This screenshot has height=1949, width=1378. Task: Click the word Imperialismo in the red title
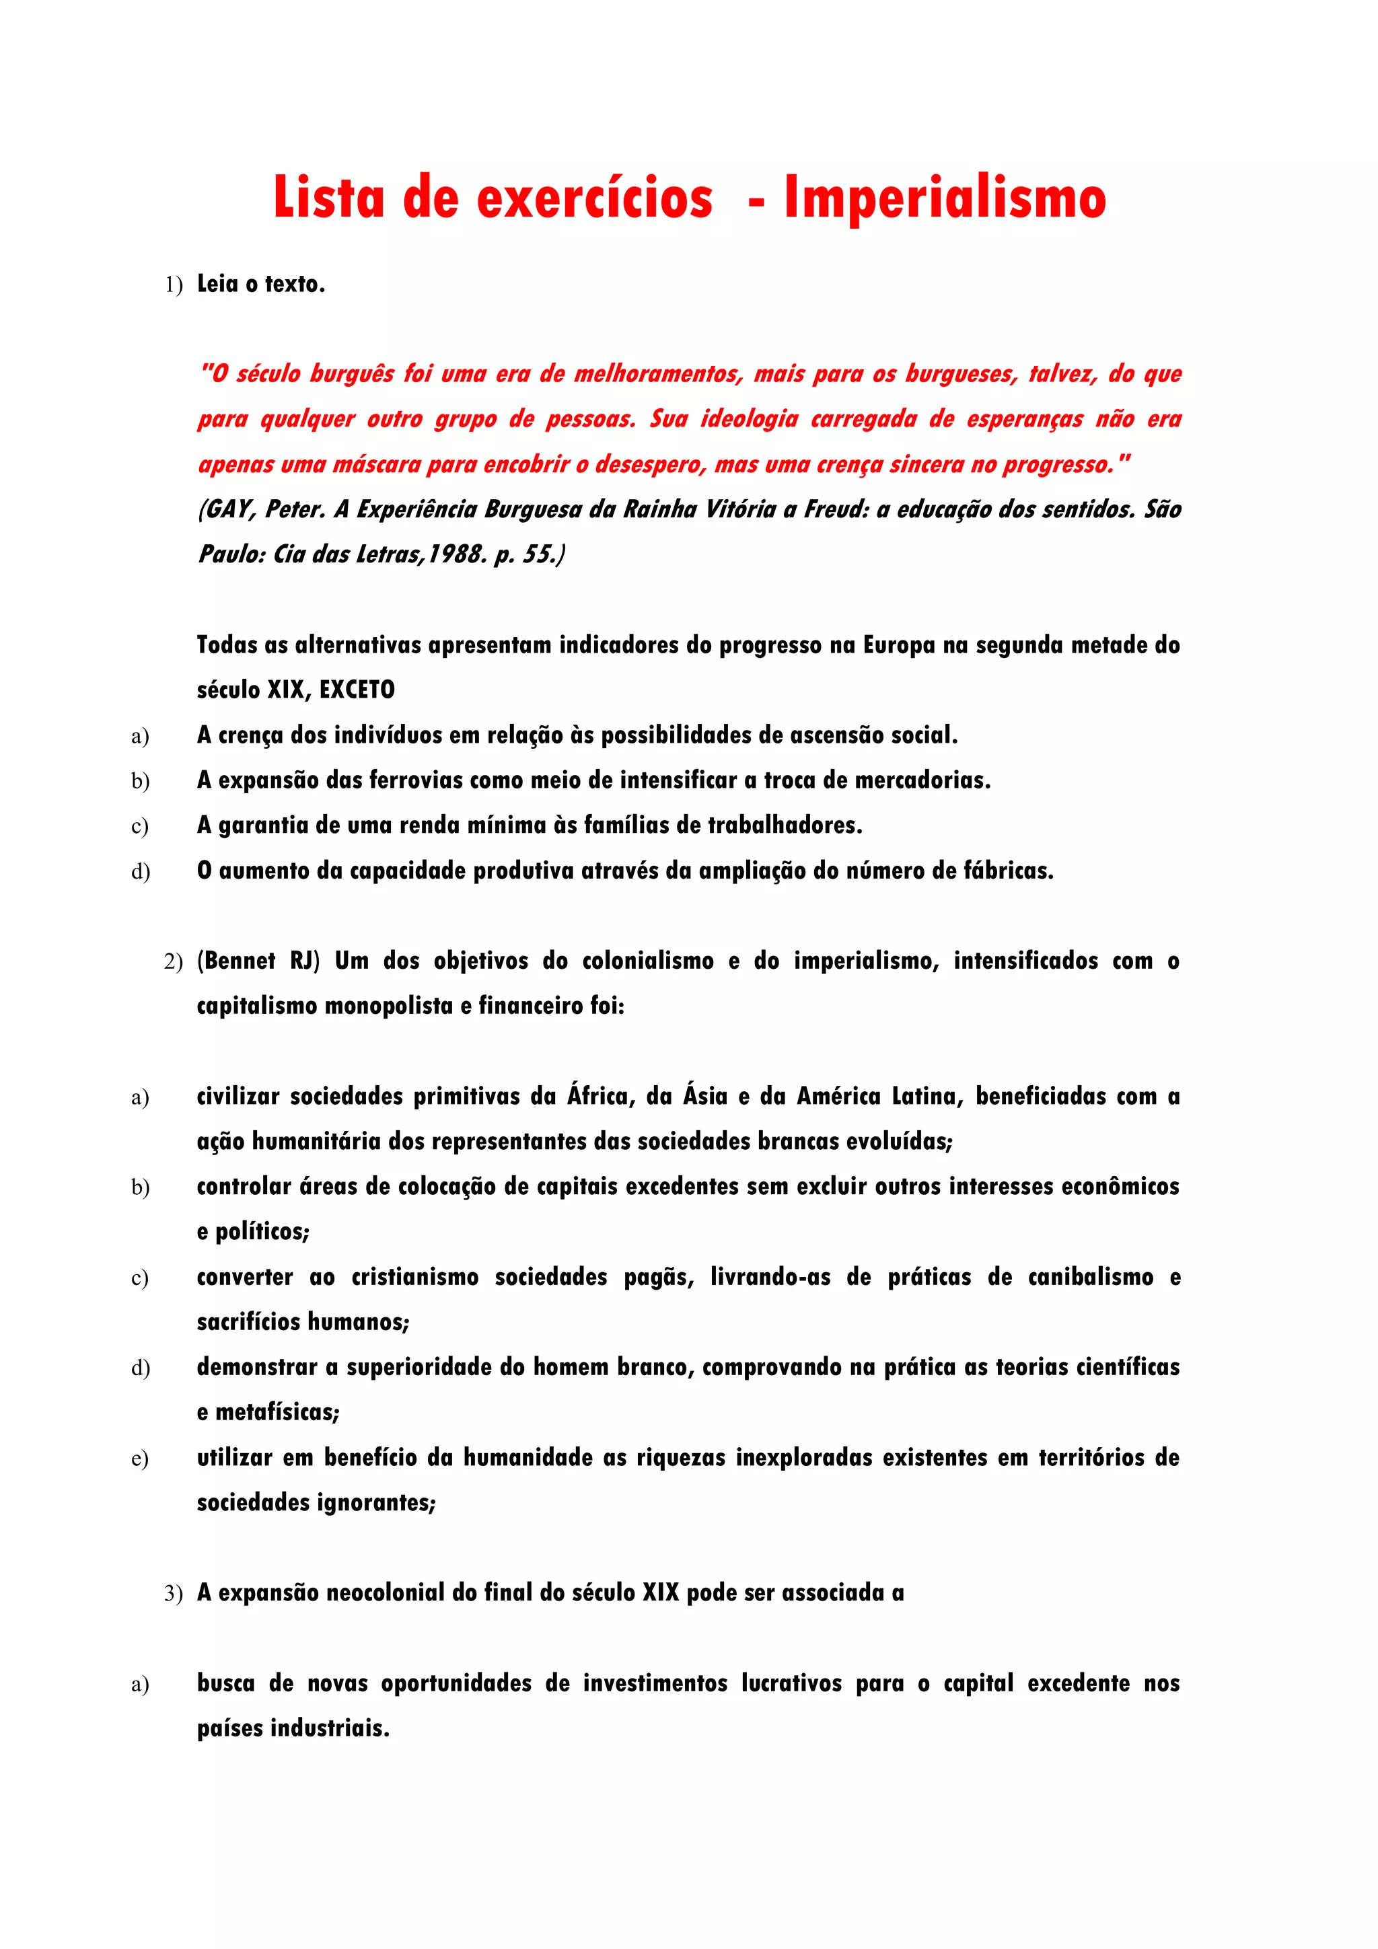(x=944, y=198)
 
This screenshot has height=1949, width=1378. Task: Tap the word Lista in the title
(x=328, y=198)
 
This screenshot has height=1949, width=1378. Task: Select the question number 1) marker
(x=173, y=285)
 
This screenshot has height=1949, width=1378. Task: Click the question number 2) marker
(x=173, y=962)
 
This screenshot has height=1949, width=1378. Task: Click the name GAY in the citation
(x=227, y=509)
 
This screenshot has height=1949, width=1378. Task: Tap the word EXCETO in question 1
(x=357, y=690)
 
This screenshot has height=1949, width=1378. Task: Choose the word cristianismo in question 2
(x=415, y=1277)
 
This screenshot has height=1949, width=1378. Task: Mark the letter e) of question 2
(x=140, y=1459)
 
